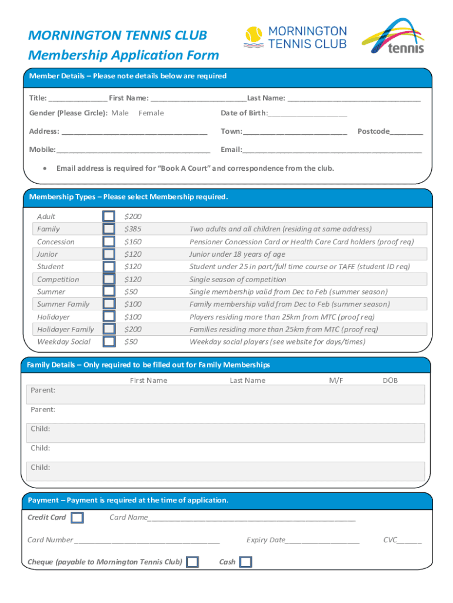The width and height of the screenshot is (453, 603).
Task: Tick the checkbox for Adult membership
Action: click(109, 217)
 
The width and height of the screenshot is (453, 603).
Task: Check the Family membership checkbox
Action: click(109, 229)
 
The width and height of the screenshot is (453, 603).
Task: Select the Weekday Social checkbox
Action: click(109, 342)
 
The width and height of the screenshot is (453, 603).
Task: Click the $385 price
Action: click(132, 229)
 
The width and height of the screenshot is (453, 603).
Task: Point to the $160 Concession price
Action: click(132, 242)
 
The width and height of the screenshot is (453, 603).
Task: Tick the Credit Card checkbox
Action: click(77, 518)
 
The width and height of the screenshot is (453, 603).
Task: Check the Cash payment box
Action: click(246, 562)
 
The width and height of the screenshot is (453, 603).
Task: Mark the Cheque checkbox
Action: click(192, 562)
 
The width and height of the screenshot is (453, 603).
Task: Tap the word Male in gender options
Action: click(120, 113)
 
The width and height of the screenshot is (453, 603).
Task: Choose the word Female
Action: click(151, 113)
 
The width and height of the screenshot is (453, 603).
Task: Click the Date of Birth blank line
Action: click(307, 115)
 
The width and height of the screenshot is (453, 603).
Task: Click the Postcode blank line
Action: click(406, 133)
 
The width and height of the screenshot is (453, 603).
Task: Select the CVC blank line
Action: click(409, 542)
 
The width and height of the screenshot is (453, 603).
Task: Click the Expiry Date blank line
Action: click(322, 542)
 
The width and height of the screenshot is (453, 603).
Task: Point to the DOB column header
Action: click(390, 380)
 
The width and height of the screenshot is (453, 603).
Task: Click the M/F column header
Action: click(336, 380)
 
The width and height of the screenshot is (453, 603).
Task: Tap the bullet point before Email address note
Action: click(45, 168)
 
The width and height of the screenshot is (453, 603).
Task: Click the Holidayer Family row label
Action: click(65, 330)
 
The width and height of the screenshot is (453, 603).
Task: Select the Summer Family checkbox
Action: click(109, 304)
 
